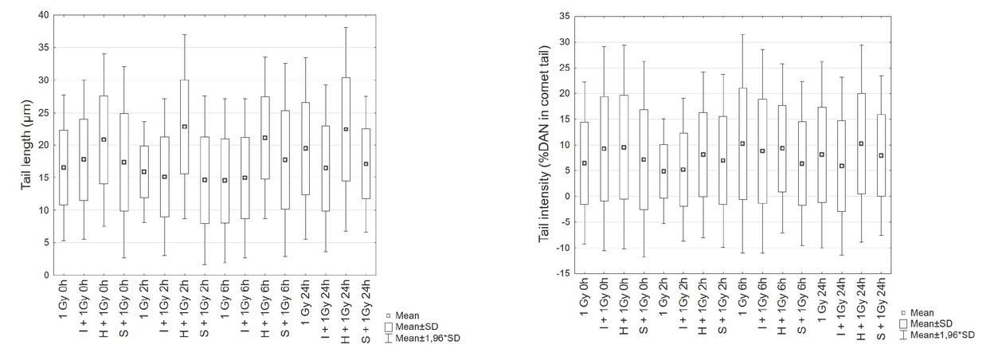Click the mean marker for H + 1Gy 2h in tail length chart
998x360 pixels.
[x=184, y=127]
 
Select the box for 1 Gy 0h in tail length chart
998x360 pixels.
[x=64, y=167]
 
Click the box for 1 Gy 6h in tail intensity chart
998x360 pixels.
[x=742, y=143]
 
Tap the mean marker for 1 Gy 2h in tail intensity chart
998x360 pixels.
[x=663, y=171]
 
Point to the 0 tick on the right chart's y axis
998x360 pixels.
[x=565, y=196]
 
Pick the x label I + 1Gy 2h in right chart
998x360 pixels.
[x=683, y=307]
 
